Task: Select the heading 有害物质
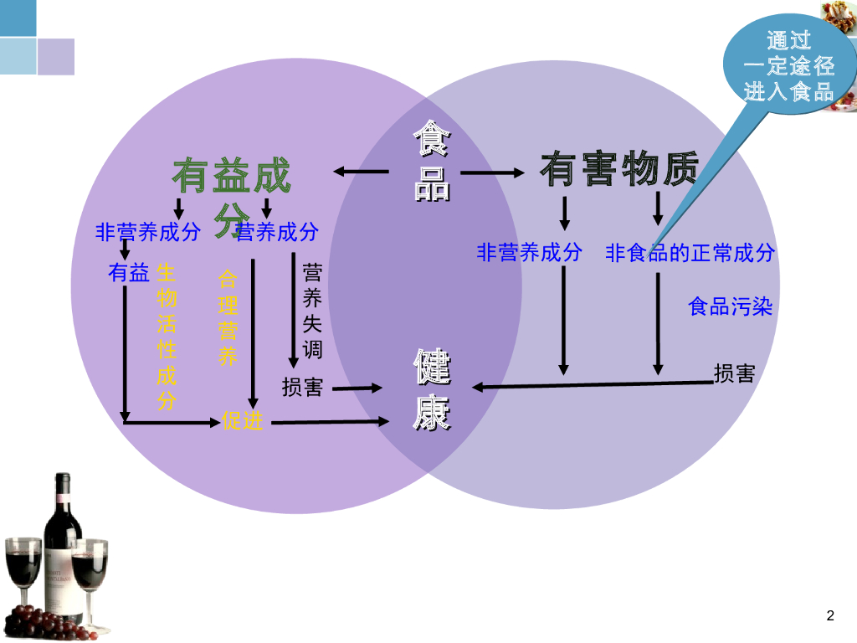pyautogui.click(x=618, y=169)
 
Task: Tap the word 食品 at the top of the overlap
pyautogui.click(x=432, y=161)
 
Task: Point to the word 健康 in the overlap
pyautogui.click(x=432, y=390)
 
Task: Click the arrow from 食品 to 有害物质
pyautogui.click(x=492, y=172)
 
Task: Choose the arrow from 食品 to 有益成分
pyautogui.click(x=361, y=172)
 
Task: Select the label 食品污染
pyautogui.click(x=730, y=306)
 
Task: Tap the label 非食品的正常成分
pyautogui.click(x=690, y=253)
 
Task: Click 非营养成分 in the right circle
pyautogui.click(x=529, y=253)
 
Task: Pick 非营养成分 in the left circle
pyautogui.click(x=148, y=232)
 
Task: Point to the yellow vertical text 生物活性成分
pyautogui.click(x=167, y=337)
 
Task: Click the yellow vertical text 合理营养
pyautogui.click(x=228, y=317)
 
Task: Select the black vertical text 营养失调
pyautogui.click(x=312, y=311)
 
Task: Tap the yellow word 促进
pyautogui.click(x=243, y=421)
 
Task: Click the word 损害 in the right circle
pyautogui.click(x=734, y=373)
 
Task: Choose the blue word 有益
pyautogui.click(x=128, y=272)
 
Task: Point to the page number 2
pyautogui.click(x=830, y=617)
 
